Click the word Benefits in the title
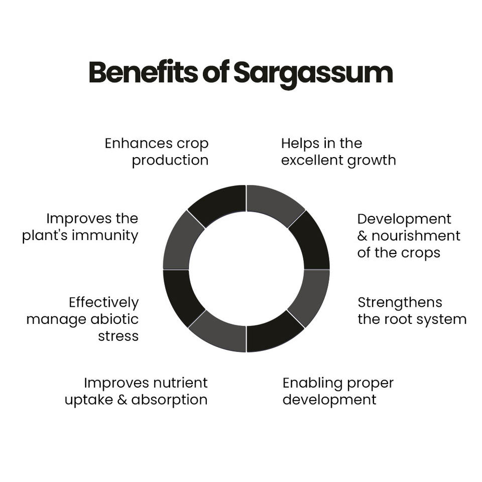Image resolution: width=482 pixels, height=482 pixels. coord(143,73)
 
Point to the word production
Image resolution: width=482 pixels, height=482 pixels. coord(170,160)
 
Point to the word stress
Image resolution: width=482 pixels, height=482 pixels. coord(118,336)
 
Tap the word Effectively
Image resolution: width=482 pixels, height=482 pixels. coord(103,303)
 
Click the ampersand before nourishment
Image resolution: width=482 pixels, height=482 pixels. coord(363,236)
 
